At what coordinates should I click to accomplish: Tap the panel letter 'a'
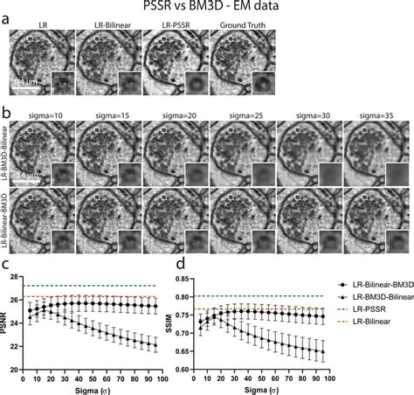point(6,19)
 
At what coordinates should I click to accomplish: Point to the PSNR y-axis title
point(8,329)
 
